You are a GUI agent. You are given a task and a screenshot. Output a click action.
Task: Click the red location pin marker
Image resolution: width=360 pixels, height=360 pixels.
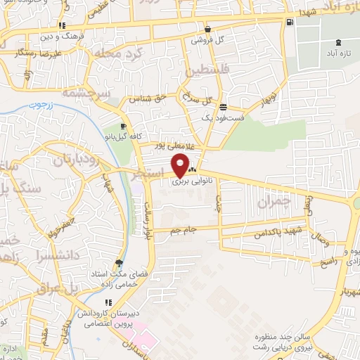click(181, 166)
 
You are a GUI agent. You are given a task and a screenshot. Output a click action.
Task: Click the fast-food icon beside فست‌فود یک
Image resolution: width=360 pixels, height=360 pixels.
click(223, 108)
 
